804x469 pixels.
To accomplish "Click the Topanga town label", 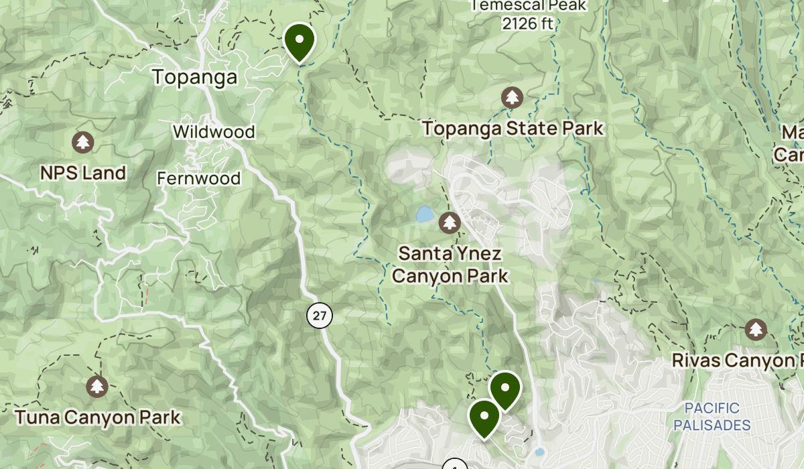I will point(195,78).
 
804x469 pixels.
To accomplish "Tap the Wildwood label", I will point(214,131).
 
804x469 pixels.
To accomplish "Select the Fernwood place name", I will point(198,178).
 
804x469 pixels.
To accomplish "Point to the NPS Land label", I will point(83,174).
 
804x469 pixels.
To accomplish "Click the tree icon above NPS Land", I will point(83,142).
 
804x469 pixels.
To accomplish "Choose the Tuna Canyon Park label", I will point(98,418).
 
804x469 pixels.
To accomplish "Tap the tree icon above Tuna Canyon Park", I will point(98,386).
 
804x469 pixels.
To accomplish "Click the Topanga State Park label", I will point(513,128).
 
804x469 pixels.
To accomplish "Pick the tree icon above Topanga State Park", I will point(513,98).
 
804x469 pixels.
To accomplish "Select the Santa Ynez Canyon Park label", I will point(450,265).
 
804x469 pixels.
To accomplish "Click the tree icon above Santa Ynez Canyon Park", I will point(449,222).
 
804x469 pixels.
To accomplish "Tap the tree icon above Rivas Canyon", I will point(756,330).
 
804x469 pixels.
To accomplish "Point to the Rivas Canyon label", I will point(737,360).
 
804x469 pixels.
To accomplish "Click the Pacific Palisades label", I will point(712,416).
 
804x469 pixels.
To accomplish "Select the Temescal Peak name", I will point(529,6).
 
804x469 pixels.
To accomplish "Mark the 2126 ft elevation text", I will point(529,24).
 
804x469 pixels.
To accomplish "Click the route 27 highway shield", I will point(320,316).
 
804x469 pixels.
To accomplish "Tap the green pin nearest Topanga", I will point(299,41).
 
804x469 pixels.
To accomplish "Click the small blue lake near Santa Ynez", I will point(424,214).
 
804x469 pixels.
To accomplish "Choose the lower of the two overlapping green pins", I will point(484,417).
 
